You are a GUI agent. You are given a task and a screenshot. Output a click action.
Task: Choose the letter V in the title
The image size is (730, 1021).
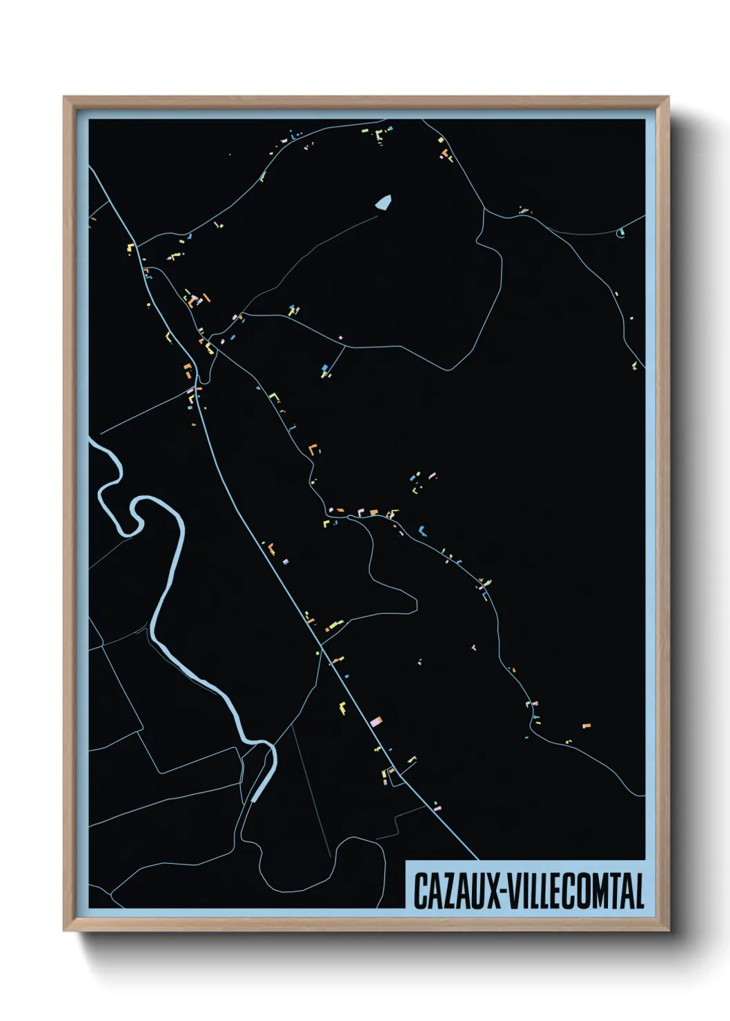pyautogui.click(x=515, y=891)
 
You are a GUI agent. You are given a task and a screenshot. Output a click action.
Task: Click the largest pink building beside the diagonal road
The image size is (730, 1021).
pyautogui.click(x=376, y=722)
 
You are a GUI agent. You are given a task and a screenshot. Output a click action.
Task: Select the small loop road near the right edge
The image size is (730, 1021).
pyautogui.click(x=620, y=232)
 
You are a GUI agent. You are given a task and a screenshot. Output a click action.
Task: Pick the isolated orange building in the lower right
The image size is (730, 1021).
pyautogui.click(x=586, y=726)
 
